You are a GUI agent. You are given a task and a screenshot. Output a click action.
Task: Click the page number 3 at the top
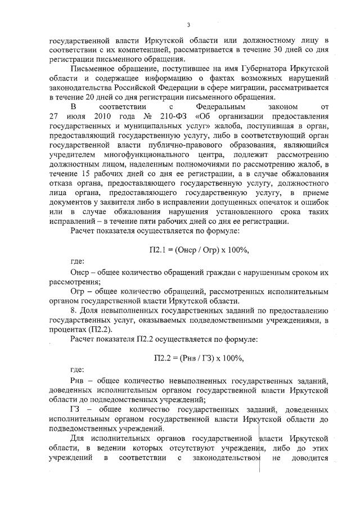[188, 25]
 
